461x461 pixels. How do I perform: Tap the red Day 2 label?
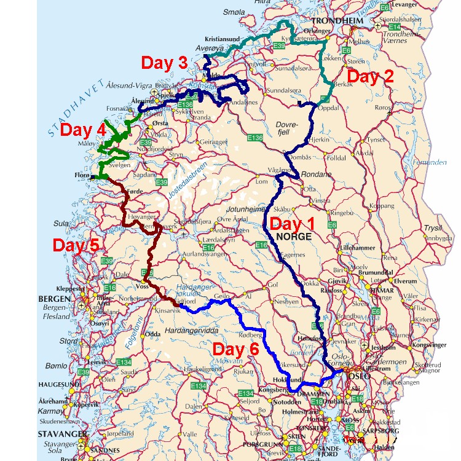point(369,77)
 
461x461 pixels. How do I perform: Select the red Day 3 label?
point(164,63)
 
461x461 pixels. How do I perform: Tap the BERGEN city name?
point(54,298)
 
